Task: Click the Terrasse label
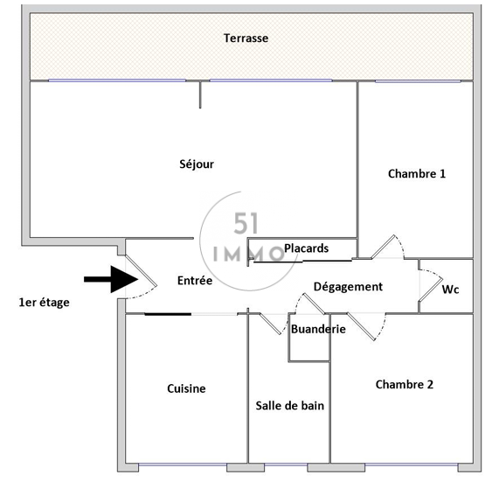click(x=246, y=38)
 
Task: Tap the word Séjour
click(x=197, y=164)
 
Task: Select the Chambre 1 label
click(x=417, y=173)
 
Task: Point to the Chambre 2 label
click(x=404, y=385)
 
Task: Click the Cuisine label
click(x=186, y=388)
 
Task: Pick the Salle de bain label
click(x=289, y=406)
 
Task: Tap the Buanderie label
click(x=318, y=329)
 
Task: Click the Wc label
click(x=450, y=290)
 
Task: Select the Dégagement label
click(x=348, y=287)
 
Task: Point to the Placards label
click(x=306, y=248)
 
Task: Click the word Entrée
click(x=195, y=281)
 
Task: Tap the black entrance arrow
click(x=111, y=279)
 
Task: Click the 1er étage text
click(x=44, y=303)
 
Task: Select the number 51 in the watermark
click(x=246, y=224)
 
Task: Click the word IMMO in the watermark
click(x=248, y=255)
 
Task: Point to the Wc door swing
click(x=430, y=286)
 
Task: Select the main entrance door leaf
click(x=141, y=270)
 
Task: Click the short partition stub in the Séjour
click(x=200, y=95)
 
